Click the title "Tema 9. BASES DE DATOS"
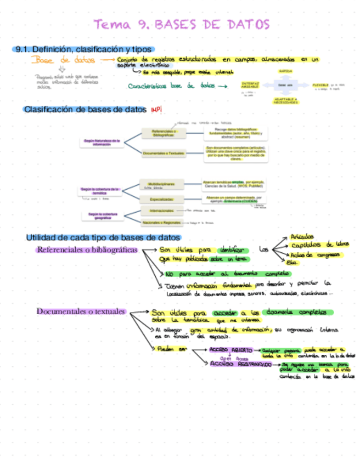pos(181,25)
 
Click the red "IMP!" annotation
pos(156,110)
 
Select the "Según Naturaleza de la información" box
pos(102,142)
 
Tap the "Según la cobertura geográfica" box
pos(102,216)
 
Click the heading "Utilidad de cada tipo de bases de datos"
pos(103,238)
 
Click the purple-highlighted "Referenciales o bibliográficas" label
pos(87,250)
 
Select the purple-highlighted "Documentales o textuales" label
pos(81,311)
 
